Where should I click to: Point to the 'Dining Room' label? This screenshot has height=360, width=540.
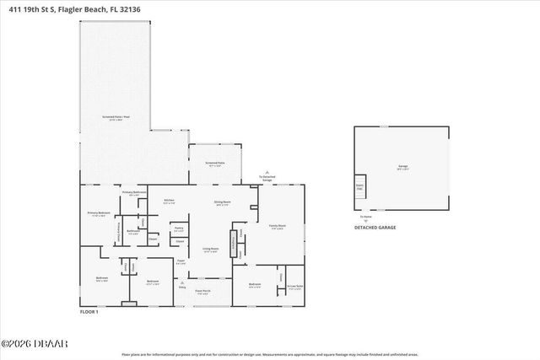point(223,202)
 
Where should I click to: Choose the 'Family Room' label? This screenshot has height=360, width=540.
point(277,227)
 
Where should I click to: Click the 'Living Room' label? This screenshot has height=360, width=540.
point(211,250)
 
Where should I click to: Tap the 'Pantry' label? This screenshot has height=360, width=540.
point(179,228)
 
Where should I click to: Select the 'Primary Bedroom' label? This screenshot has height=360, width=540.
point(100,214)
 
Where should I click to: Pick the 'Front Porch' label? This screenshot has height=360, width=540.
point(202,292)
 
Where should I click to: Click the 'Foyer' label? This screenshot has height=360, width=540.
point(181,261)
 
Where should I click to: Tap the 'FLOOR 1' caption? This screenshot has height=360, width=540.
point(89,312)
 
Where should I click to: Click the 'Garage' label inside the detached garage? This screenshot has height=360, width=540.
point(403,167)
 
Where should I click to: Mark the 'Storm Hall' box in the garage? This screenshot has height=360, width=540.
point(359,186)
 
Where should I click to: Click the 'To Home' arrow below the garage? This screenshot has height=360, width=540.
point(364,218)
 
